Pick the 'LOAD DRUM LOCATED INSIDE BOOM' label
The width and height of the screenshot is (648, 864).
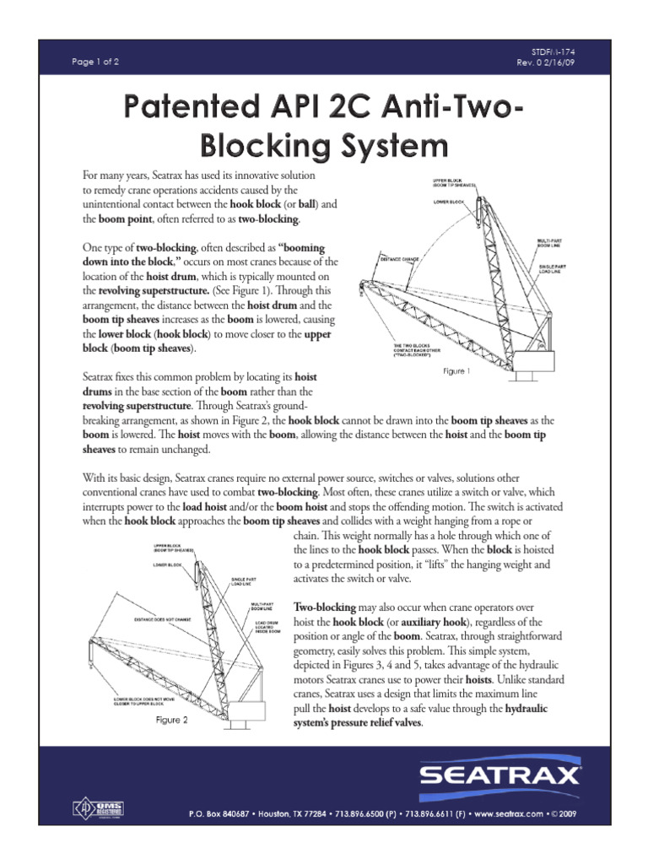coord(269,629)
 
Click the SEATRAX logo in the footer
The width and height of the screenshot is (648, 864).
coord(518,775)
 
